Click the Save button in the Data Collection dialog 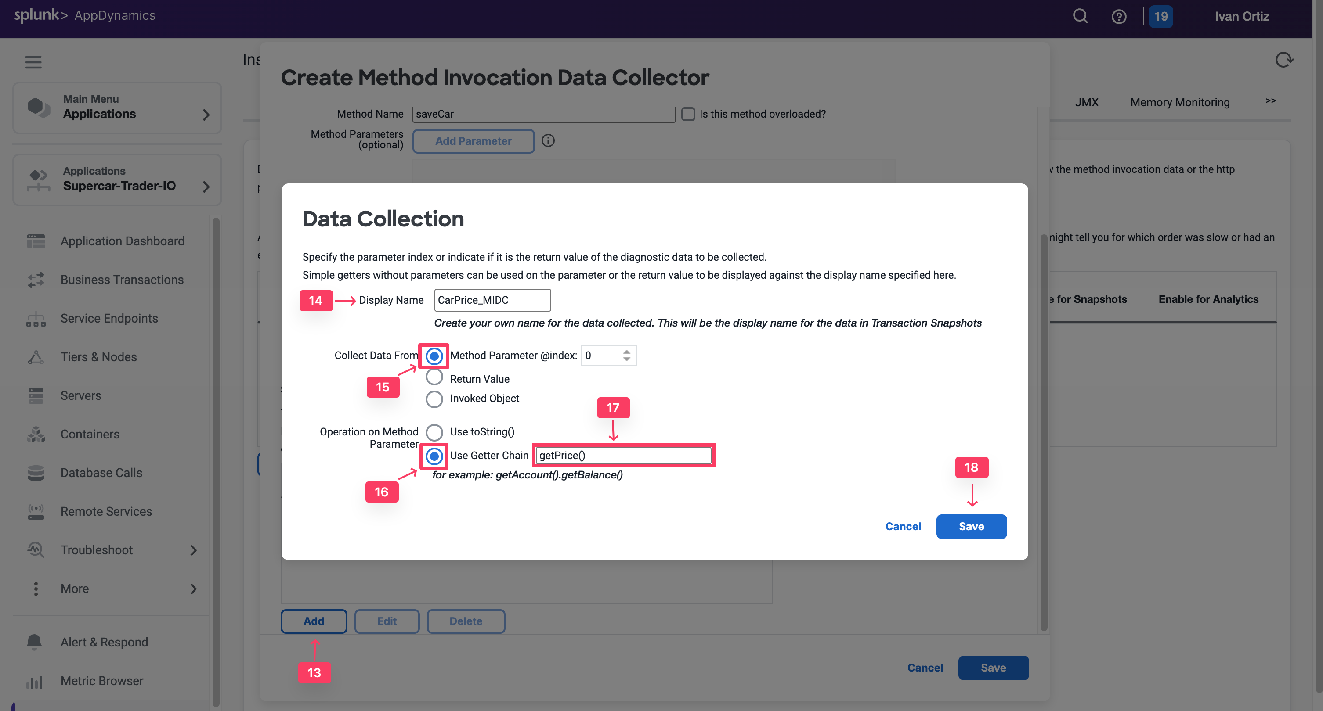click(x=971, y=526)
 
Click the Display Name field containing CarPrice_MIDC click(x=492, y=300)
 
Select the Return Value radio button click(x=434, y=378)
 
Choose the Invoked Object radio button click(x=434, y=399)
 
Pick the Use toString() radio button click(x=434, y=432)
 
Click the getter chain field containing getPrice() click(x=623, y=456)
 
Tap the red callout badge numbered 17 click(x=613, y=408)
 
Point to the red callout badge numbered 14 click(x=315, y=300)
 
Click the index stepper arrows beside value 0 click(x=626, y=355)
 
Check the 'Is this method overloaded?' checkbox click(x=688, y=114)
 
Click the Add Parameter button click(x=473, y=141)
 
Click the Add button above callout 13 click(x=313, y=621)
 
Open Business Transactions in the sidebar click(x=122, y=280)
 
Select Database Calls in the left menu click(x=101, y=473)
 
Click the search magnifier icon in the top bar click(x=1080, y=16)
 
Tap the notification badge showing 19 click(x=1160, y=16)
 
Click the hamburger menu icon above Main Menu click(x=33, y=62)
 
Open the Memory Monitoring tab click(x=1180, y=102)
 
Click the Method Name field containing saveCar click(x=543, y=114)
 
